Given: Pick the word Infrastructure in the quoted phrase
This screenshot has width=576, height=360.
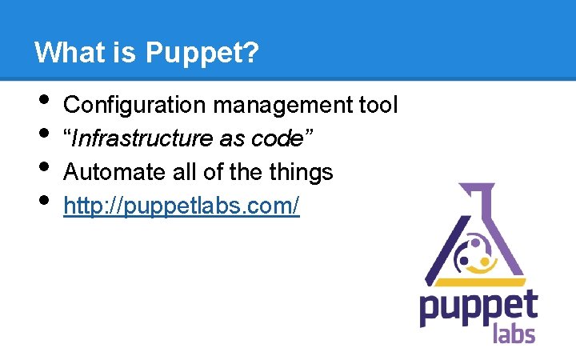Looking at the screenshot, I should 142,138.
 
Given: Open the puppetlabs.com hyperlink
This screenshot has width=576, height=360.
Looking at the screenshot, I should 181,206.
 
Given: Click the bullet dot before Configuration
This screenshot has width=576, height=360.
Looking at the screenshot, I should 42,100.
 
